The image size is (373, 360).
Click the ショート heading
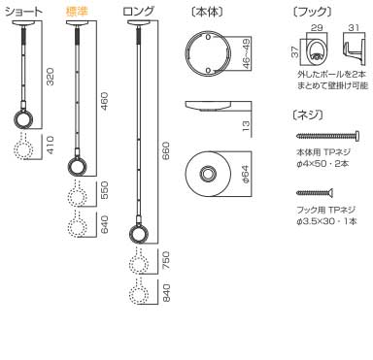24,13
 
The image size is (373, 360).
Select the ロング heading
140,13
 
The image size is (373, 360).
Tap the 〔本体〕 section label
204,13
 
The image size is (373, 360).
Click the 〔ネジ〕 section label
307,115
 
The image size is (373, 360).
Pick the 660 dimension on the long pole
165,150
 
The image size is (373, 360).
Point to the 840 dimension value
165,294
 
